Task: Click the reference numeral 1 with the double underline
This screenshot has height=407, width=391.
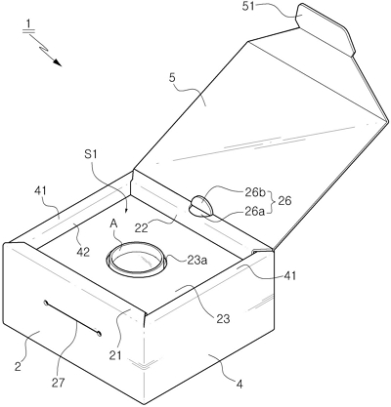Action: pos(28,25)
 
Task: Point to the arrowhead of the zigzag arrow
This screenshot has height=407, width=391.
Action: pos(57,61)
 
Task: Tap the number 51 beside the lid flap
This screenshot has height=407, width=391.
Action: pos(249,7)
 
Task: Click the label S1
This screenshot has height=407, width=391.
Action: pos(91,154)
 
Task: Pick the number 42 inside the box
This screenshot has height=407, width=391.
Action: pos(82,252)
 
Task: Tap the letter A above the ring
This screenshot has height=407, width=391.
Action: pos(113,223)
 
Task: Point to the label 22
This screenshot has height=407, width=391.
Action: pos(141,227)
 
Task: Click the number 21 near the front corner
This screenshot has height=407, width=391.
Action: pos(114,355)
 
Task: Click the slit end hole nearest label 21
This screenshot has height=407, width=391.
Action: pos(99,332)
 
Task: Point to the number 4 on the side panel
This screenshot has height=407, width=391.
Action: pos(239,385)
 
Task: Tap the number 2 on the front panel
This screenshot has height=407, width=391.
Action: pos(18,366)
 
